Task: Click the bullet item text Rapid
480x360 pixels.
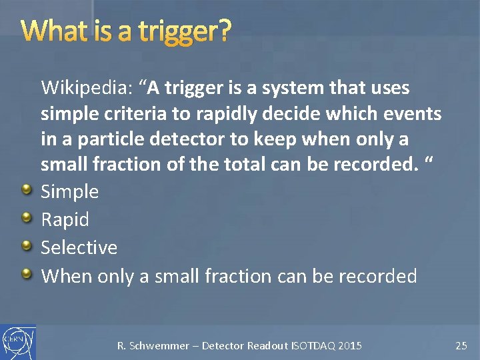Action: pyautogui.click(x=65, y=220)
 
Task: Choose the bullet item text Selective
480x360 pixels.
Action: pyautogui.click(x=79, y=247)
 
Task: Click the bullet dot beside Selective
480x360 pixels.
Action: pyautogui.click(x=26, y=247)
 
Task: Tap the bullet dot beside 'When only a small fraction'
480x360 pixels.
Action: pyautogui.click(x=26, y=274)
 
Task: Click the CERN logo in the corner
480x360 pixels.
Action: pyautogui.click(x=18, y=342)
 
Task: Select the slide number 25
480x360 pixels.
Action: pyautogui.click(x=461, y=345)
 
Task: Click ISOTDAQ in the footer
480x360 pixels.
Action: pyautogui.click(x=313, y=345)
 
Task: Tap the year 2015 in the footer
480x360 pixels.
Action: pyautogui.click(x=350, y=345)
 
